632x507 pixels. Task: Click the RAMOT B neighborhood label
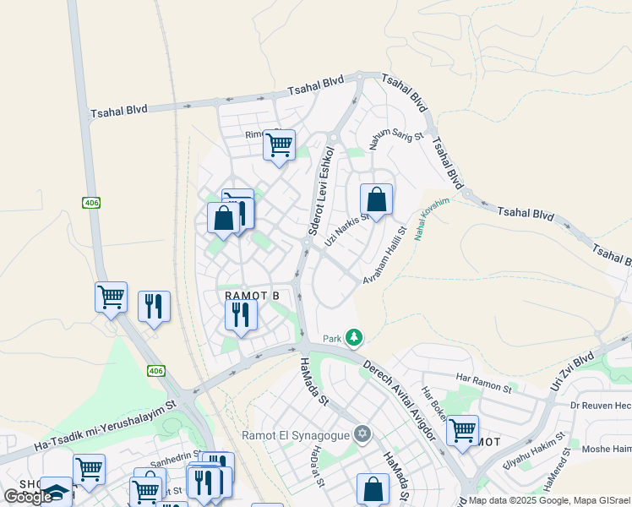tap(252, 295)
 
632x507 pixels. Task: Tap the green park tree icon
tap(354, 338)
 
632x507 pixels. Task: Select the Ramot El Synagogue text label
tap(296, 435)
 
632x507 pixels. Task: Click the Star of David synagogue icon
tap(362, 434)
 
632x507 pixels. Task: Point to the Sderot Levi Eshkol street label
tap(320, 193)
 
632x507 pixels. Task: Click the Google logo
tap(28, 497)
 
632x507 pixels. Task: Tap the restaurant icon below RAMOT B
tap(241, 315)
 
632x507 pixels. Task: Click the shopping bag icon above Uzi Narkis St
tap(377, 200)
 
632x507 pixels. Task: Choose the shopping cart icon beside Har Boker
tap(462, 430)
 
